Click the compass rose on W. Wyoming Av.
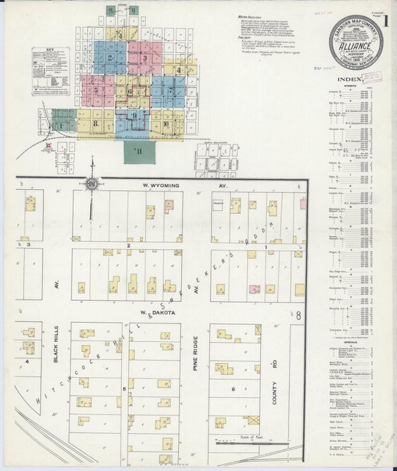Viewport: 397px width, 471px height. point(91,183)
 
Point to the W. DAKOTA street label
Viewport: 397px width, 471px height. point(153,314)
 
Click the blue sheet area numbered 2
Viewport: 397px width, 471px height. point(110,58)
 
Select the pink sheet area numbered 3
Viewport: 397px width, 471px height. point(144,58)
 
